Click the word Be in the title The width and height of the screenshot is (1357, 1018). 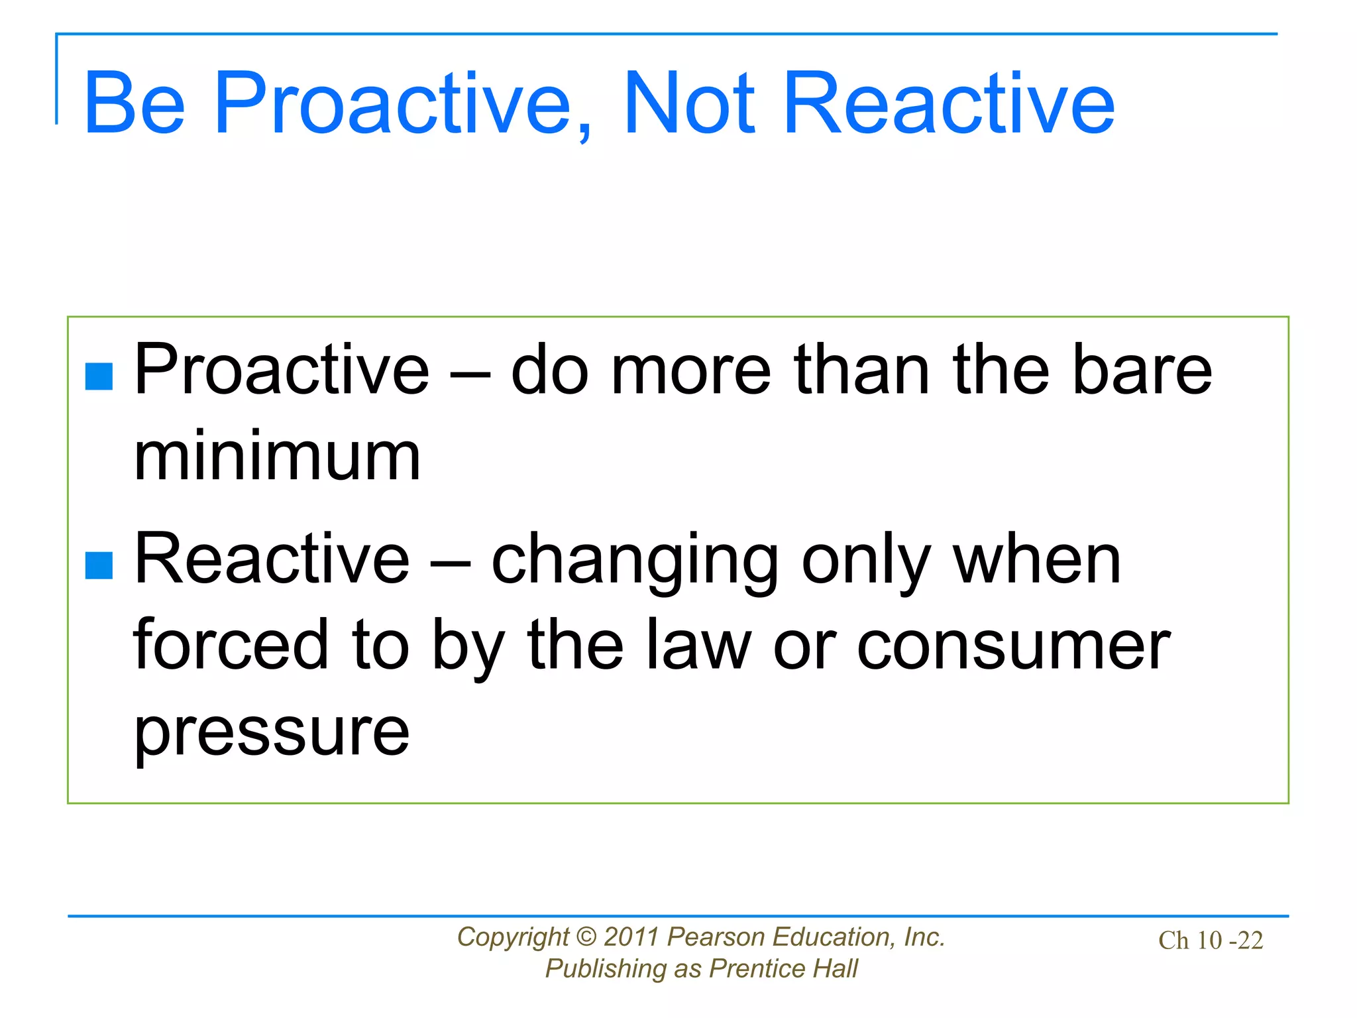135,104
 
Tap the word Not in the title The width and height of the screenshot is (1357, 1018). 689,104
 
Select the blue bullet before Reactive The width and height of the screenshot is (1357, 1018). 99,565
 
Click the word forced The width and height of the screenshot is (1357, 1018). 231,645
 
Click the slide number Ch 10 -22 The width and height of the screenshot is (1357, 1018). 1210,940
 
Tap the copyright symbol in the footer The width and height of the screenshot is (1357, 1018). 586,937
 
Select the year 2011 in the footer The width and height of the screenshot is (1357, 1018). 631,937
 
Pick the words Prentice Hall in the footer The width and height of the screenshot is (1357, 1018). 783,969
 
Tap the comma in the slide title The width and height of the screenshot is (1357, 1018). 584,130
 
